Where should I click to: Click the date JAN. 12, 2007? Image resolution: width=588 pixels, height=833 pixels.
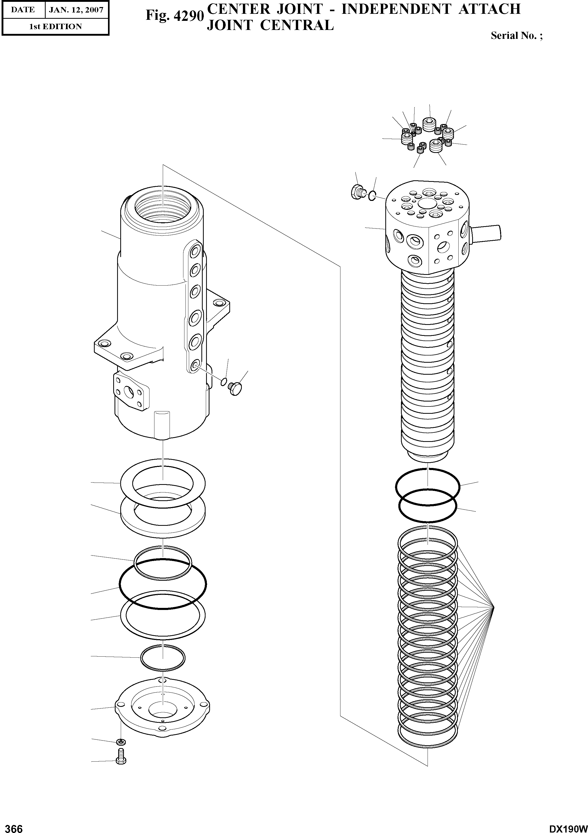click(76, 10)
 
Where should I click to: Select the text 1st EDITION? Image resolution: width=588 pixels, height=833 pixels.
click(55, 27)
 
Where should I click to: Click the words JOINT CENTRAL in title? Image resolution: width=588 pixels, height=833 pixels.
click(269, 25)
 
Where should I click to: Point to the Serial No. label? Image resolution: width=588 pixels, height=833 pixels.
click(516, 36)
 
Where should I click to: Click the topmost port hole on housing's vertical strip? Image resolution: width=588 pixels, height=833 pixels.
click(195, 251)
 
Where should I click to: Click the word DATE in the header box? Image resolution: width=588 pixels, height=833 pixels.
click(22, 10)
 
